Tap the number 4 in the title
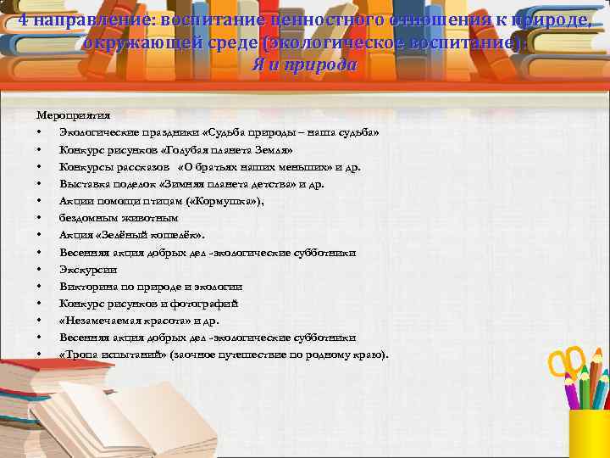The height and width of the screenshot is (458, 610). [x=23, y=12]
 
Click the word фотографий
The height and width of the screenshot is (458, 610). [x=208, y=303]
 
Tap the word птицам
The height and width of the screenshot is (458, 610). [x=158, y=200]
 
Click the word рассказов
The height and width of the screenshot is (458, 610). [x=137, y=166]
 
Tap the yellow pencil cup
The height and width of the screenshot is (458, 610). [x=589, y=433]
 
